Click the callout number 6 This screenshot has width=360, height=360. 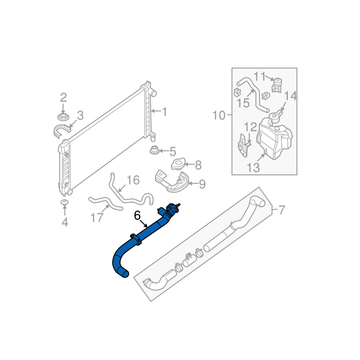(x=137, y=216)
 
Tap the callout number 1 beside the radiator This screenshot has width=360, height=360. (x=164, y=112)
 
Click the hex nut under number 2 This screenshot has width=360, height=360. (x=63, y=117)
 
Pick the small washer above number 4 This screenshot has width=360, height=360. (x=64, y=202)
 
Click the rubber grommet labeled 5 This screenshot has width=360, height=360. (x=154, y=150)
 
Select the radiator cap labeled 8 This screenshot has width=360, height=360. (x=178, y=164)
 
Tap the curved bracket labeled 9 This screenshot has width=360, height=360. (x=172, y=182)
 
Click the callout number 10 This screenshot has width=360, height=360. (x=219, y=115)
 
